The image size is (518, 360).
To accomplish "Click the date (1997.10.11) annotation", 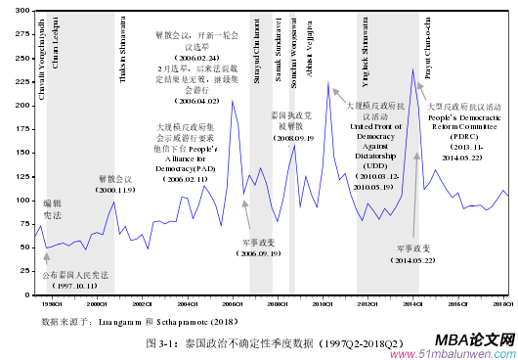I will [x=68, y=287].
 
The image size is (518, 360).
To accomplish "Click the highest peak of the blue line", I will [x=412, y=68].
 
